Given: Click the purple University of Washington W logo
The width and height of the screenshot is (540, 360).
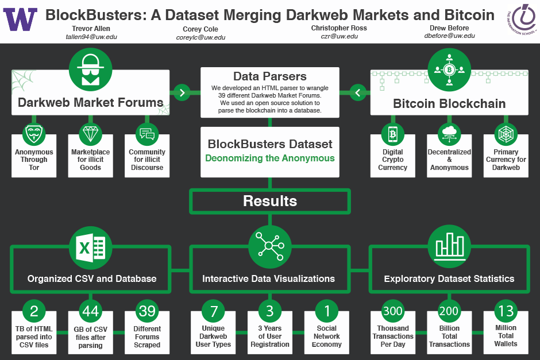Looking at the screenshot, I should tap(20, 20).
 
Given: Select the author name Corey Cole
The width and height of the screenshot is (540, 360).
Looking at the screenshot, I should tap(200, 29).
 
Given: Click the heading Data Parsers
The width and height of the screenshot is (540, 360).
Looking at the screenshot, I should tap(269, 76).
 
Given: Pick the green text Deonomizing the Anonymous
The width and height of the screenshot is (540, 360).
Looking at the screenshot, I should tap(270, 158).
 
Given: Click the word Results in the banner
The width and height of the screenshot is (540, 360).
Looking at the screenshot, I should tap(270, 201).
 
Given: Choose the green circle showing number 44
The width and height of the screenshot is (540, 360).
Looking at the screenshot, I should tap(91, 311).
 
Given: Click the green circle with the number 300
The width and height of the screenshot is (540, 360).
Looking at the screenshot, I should tap(393, 311).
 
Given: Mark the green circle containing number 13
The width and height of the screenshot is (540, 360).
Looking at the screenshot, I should tap(506, 311).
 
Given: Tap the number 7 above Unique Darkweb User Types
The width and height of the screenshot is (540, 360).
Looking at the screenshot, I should tap(214, 311).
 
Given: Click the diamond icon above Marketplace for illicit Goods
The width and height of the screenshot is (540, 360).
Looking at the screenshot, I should tap(91, 134).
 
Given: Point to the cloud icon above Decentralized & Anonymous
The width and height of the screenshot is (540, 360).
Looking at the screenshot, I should tap(449, 134).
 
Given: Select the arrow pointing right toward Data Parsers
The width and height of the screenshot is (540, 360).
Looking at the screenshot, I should tap(182, 92).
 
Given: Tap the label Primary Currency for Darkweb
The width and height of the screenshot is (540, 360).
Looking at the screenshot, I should tap(506, 160).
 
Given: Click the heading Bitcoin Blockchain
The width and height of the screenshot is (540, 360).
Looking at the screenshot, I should tap(449, 104).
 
